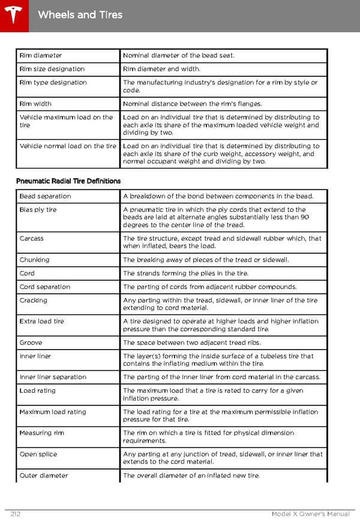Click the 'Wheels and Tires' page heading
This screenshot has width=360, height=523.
(x=80, y=14)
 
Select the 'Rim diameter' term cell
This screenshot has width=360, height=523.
(x=41, y=56)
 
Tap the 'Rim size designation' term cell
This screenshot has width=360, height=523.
(x=52, y=69)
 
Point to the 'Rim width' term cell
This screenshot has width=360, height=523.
(x=35, y=104)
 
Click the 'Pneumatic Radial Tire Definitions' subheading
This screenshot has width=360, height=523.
(x=68, y=181)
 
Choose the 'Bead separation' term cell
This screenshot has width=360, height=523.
(x=45, y=196)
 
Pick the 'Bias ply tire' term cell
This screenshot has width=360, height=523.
(x=38, y=210)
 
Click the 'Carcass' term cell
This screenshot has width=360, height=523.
(x=32, y=239)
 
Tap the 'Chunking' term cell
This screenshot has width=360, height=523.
(x=35, y=260)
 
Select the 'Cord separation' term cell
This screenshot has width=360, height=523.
(x=45, y=287)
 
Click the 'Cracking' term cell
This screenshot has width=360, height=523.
(x=34, y=300)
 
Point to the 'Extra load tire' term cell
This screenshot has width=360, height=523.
(x=44, y=321)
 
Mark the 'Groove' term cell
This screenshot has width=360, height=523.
(x=31, y=342)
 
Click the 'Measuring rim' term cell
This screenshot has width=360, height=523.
(x=44, y=433)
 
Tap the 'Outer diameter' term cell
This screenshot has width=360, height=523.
(x=44, y=476)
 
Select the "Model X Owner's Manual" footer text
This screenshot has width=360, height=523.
(x=310, y=514)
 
